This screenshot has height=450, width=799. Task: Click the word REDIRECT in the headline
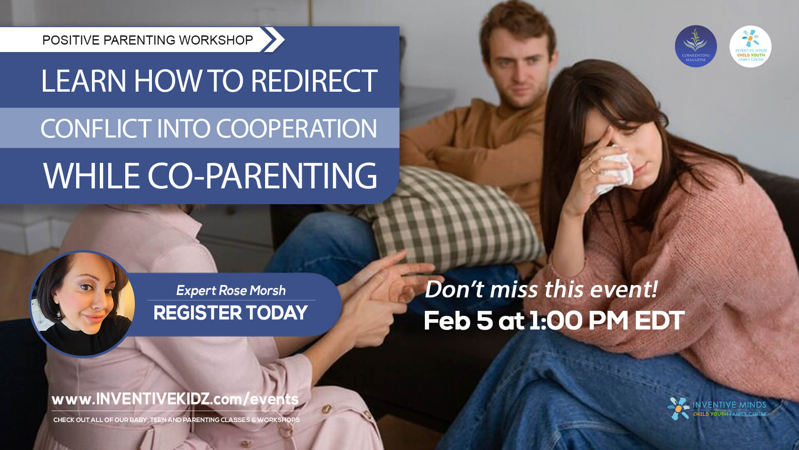click(314, 81)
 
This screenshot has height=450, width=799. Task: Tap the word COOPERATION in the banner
click(296, 128)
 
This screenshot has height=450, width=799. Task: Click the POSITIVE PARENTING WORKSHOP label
click(147, 40)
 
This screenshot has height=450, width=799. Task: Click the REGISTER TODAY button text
click(230, 313)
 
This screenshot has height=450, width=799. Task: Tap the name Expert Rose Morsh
click(231, 290)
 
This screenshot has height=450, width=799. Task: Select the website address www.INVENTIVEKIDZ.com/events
click(175, 399)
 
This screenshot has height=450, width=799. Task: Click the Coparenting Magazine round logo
click(695, 46)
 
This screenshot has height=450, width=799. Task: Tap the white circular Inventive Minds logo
click(750, 46)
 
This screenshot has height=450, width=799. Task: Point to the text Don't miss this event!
click(541, 289)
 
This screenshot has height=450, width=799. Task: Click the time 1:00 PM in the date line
click(579, 321)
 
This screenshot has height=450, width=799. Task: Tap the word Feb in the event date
click(447, 321)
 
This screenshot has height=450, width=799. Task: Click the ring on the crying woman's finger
click(591, 170)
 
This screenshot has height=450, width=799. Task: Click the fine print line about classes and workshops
click(176, 420)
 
